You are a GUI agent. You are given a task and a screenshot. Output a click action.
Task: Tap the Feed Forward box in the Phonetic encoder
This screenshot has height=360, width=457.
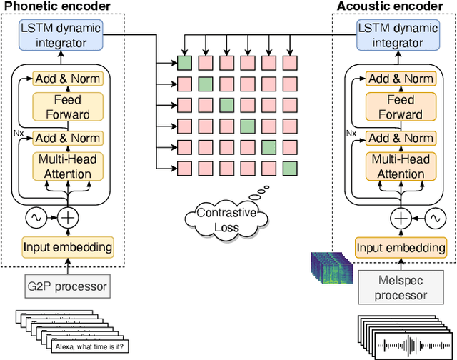69,107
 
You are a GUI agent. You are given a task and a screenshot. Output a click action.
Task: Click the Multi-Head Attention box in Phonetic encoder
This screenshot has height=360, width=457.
69,167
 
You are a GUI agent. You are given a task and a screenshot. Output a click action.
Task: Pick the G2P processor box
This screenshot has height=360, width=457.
68,287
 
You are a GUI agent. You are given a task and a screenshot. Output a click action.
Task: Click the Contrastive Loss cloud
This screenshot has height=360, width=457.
225,220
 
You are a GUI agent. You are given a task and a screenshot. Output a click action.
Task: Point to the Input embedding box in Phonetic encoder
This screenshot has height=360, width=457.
68,248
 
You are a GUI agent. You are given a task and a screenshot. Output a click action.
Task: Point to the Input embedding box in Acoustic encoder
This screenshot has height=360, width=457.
401,248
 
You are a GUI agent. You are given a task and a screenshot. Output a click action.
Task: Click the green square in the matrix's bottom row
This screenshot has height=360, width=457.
289,169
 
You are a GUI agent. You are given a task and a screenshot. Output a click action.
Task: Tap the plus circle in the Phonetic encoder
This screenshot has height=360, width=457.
69,216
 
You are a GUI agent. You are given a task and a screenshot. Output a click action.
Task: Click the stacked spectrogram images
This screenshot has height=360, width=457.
331,271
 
